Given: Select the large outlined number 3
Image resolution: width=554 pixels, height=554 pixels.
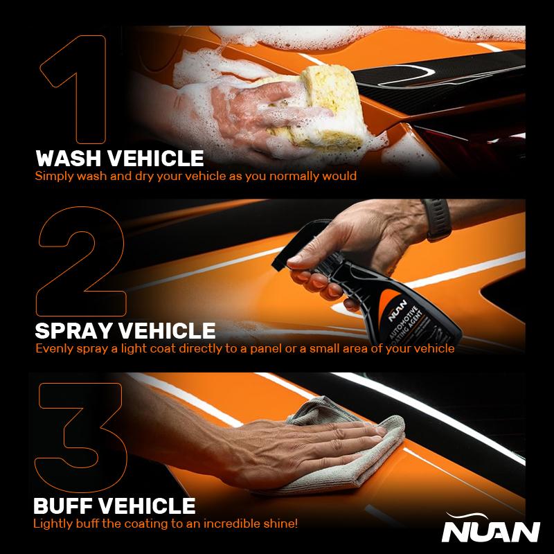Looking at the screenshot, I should coord(80,436).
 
